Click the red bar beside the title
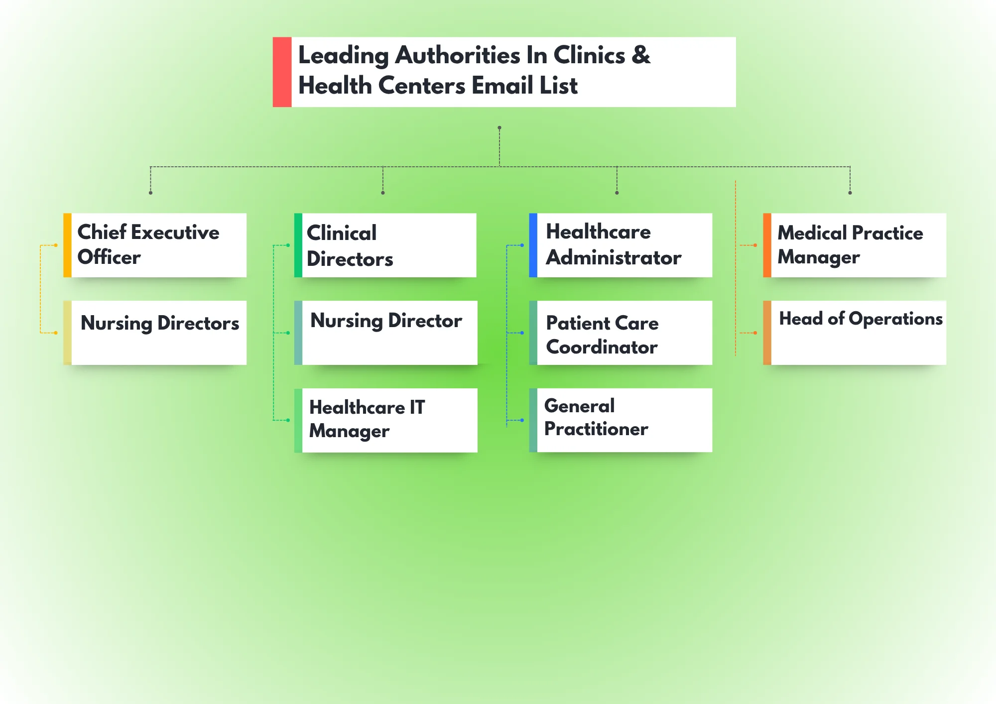point(282,72)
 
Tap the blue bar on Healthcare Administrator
point(533,245)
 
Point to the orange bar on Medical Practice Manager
point(767,245)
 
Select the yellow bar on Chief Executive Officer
point(67,245)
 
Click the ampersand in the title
point(641,55)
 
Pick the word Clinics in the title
point(589,55)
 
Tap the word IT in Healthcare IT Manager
point(417,407)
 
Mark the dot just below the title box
point(499,128)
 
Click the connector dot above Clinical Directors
point(382,193)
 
